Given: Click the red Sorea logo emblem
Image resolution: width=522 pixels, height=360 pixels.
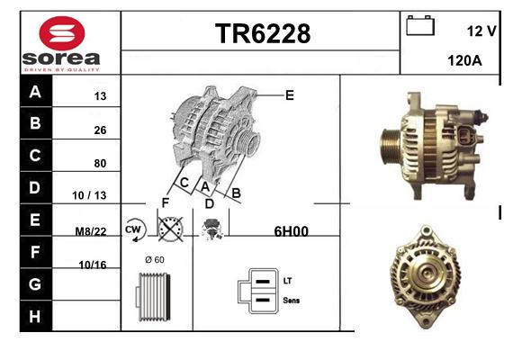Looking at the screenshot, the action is (x=62, y=33).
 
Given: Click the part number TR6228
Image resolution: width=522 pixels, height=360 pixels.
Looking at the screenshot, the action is (x=263, y=33).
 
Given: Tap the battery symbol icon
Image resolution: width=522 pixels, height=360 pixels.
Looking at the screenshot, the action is (x=420, y=25).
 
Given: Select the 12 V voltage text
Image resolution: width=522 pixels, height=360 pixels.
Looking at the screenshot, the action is (x=481, y=31).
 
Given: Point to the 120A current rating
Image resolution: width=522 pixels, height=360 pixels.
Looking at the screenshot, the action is (x=464, y=60).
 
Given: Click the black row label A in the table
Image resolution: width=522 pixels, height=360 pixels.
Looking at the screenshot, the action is (x=36, y=91).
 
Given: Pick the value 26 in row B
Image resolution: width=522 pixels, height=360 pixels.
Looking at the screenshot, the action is (x=100, y=130).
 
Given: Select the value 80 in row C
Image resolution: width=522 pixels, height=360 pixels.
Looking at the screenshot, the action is (x=100, y=163).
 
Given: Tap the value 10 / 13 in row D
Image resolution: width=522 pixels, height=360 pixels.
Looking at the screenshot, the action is (x=89, y=195).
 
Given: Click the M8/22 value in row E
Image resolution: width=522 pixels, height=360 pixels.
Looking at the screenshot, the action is (x=91, y=231).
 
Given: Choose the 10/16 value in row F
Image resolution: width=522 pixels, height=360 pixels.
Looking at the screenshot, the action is (x=93, y=265).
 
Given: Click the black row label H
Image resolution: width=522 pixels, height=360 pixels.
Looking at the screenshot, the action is (x=36, y=316).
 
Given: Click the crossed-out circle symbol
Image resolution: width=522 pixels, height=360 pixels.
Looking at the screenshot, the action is (x=170, y=229).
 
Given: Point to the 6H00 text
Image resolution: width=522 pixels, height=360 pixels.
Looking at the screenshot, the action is (x=291, y=231).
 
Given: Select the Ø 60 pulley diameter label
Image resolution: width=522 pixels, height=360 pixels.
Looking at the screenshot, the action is (x=155, y=259).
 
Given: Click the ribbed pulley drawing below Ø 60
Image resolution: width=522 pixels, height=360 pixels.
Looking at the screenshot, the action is (x=153, y=297).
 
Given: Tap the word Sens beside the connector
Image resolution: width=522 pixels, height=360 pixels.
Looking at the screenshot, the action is (x=292, y=301).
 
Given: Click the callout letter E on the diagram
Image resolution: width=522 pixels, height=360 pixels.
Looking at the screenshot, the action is (x=290, y=95).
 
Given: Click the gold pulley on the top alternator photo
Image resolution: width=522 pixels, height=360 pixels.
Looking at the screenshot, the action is (x=391, y=146).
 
